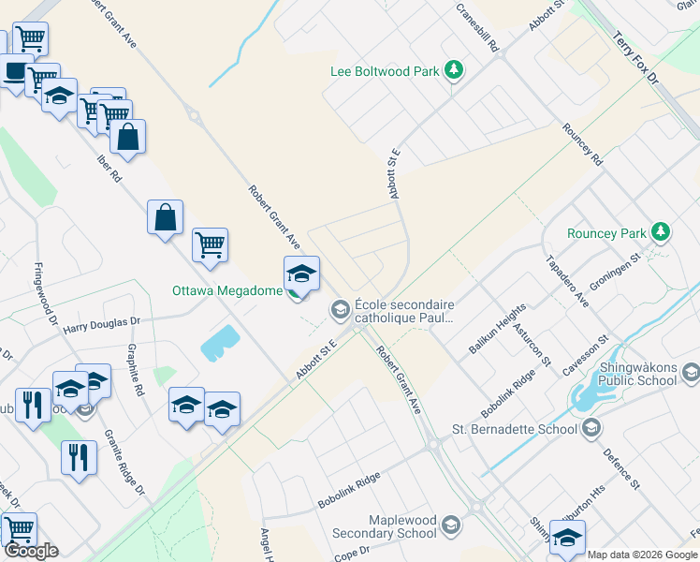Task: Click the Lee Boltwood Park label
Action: (x=386, y=71)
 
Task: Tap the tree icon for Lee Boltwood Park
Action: (x=453, y=69)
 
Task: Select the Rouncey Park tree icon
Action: (x=661, y=231)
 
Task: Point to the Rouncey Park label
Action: (x=606, y=233)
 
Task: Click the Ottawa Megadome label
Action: (x=227, y=290)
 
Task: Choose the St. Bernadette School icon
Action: (x=591, y=429)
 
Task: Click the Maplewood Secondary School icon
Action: (x=451, y=524)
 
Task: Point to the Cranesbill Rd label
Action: (x=476, y=27)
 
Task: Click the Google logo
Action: (x=31, y=551)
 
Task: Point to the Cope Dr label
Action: (x=351, y=553)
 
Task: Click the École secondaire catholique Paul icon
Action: (x=339, y=307)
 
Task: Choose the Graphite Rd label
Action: (x=137, y=371)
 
